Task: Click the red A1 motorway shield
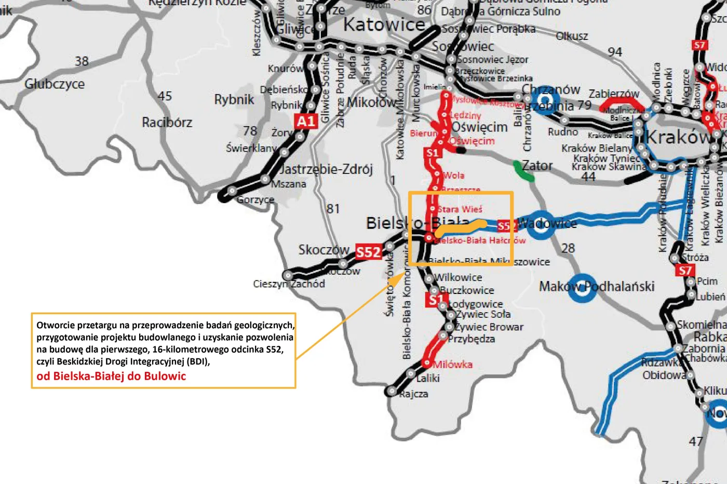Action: tap(306, 121)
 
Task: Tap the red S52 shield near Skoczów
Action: tap(368, 252)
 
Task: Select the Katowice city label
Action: tap(384, 24)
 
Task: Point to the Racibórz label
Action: tap(167, 123)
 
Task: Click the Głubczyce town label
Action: tap(55, 84)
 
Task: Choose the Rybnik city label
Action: tap(234, 100)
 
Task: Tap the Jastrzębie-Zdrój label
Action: tap(326, 169)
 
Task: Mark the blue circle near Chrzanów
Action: tap(545, 100)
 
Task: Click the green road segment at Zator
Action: tap(523, 171)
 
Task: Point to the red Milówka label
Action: tap(453, 365)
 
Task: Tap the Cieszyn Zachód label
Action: tap(289, 284)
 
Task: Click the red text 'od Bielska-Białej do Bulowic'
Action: tap(111, 376)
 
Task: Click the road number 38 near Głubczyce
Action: tap(82, 61)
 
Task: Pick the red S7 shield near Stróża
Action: tap(685, 270)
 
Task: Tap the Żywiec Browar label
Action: tap(489, 327)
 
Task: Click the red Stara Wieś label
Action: tap(460, 209)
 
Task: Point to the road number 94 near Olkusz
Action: tap(615, 52)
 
